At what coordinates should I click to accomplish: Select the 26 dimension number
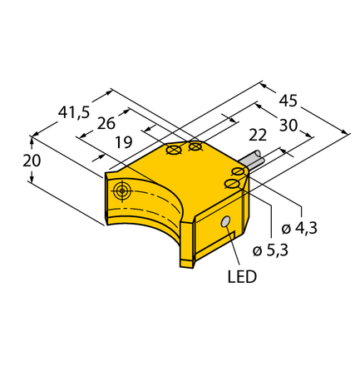[x=106, y=125]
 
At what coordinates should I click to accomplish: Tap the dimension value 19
[x=122, y=142]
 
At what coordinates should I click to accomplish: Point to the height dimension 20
[x=32, y=161]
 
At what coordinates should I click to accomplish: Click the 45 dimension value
[x=288, y=101]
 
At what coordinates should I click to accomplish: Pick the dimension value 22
[x=259, y=136]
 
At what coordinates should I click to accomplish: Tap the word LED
[x=244, y=275]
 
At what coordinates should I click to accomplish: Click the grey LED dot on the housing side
[x=225, y=222]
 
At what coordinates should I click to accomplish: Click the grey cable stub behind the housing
[x=250, y=161]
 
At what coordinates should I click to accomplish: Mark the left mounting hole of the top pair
[x=175, y=151]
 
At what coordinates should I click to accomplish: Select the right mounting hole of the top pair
[x=195, y=147]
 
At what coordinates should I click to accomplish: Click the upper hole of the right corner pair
[x=238, y=171]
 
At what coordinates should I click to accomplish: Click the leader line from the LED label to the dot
[x=234, y=246]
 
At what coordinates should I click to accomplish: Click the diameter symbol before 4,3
[x=286, y=229]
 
